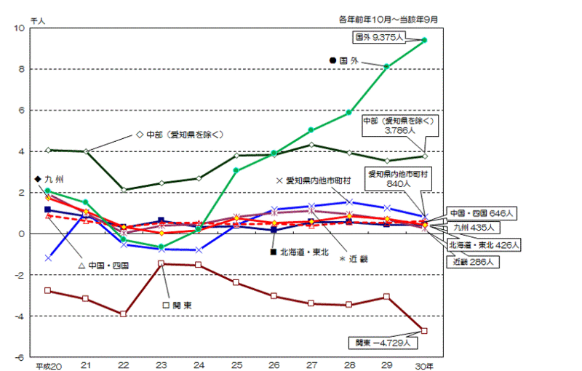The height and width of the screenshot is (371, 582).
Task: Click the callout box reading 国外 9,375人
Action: coord(378,36)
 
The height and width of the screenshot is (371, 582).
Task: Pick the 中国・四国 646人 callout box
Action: coord(482,213)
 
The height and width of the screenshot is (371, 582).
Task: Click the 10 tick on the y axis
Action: coord(20,28)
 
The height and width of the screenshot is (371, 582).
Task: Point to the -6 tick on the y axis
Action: coord(20,357)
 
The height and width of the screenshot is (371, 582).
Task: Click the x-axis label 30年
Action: coord(426,366)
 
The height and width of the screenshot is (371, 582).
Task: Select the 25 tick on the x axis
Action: coord(236,366)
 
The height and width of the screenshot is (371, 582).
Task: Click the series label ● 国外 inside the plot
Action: coord(345,61)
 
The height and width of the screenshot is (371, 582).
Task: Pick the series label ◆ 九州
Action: coord(48,179)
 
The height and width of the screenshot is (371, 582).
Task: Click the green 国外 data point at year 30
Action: coord(424,40)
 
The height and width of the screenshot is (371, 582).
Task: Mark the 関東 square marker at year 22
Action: coord(124,314)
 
